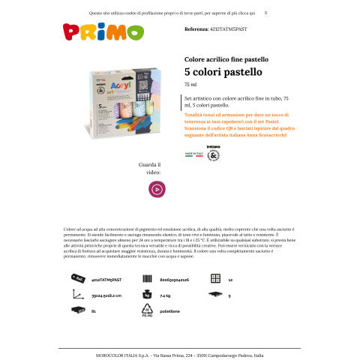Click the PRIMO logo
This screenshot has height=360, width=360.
92,31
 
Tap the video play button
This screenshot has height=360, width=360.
156,190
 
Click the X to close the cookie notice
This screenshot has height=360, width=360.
265,13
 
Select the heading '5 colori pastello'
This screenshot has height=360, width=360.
223,72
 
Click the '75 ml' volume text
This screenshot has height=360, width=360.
190,85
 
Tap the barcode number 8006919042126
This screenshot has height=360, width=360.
174,279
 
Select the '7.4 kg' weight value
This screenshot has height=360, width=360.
166,295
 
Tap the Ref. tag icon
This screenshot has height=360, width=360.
76,278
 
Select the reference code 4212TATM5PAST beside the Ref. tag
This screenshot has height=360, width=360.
106,279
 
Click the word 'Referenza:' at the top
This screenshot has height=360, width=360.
198,28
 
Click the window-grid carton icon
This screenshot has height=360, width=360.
215,278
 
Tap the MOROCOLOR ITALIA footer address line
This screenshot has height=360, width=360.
180,354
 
